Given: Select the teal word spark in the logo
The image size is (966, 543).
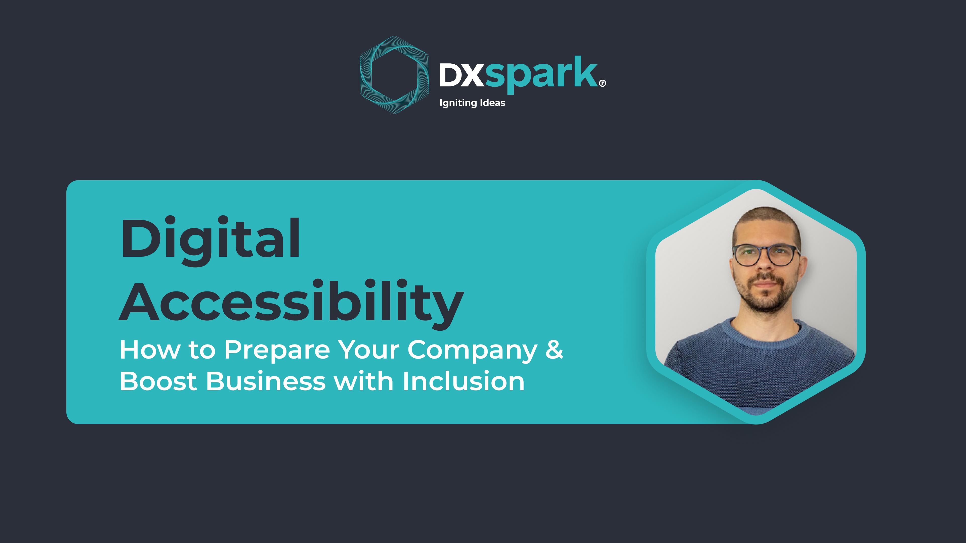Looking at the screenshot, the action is tap(541, 74).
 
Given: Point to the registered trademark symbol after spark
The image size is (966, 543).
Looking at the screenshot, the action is tap(602, 83).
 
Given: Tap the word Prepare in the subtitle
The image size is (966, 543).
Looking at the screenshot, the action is tap(277, 350).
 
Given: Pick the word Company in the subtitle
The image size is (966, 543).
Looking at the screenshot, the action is tap(473, 350).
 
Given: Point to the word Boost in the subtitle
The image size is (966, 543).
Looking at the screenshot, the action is tap(158, 381).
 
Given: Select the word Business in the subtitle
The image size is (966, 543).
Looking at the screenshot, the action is tap(266, 381).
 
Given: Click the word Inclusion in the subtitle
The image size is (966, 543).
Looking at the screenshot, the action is tap(464, 381).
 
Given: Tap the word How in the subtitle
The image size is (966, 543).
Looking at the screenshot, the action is tap(150, 349).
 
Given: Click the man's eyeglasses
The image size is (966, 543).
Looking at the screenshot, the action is tap(765, 255).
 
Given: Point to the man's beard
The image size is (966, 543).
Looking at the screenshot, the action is tap(765, 296).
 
